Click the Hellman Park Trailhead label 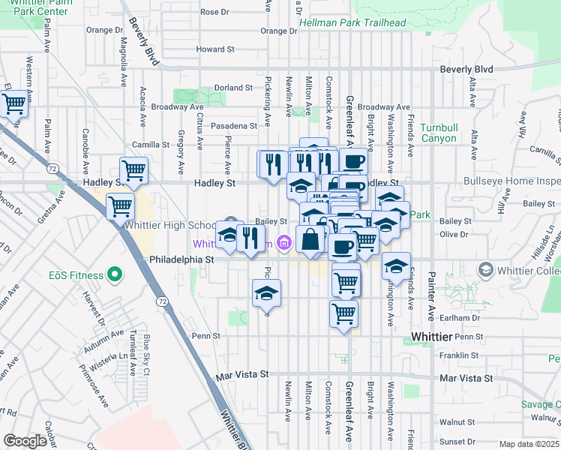(352, 22)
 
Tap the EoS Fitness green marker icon (115, 275)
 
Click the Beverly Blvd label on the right (466, 69)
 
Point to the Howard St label (215, 49)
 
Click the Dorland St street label (233, 88)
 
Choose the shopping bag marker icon (310, 240)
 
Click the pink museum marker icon (283, 242)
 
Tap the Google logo (25, 440)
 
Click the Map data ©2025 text (529, 444)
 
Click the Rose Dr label (214, 12)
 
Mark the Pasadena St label (233, 126)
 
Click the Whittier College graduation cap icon (485, 269)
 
